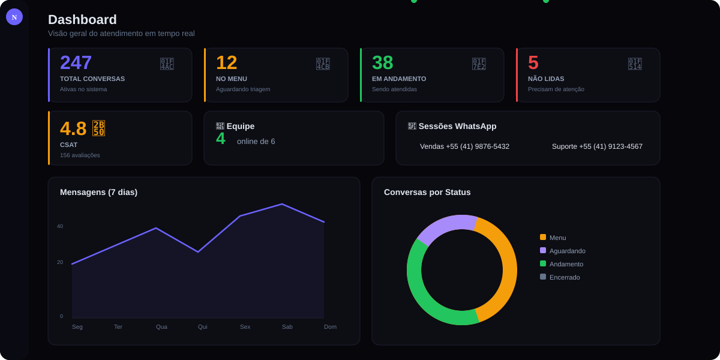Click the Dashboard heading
pos(82,20)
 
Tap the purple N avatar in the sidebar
pos(14,17)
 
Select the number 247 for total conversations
pos(76,62)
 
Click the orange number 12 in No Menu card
pos(226,62)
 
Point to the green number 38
pos(382,62)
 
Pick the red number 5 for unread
pos(533,62)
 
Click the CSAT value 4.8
pos(73,128)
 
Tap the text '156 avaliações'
pos(80,155)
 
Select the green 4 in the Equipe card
pos(221,139)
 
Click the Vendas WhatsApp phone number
pos(464,146)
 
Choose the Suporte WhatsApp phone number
pos(597,146)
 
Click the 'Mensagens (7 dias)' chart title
pos(98,192)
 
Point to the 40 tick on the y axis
pos(60,226)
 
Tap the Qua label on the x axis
pos(161,327)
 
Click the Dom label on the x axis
pos(330,327)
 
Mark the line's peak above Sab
pos(282,205)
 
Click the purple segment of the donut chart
pos(444,225)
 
